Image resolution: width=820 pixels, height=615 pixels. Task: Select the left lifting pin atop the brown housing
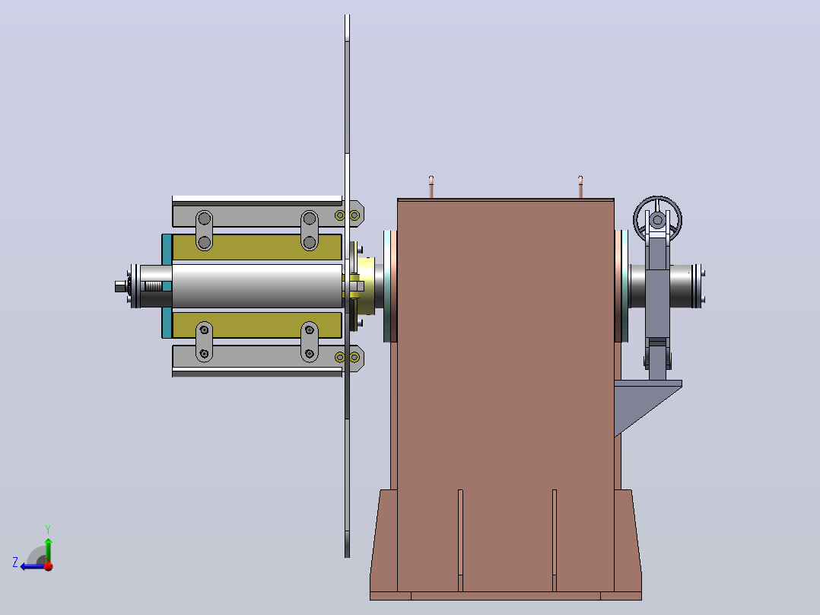(431, 186)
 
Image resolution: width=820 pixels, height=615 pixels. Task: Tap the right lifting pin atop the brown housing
(580, 186)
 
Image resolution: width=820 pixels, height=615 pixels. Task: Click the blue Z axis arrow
(33, 566)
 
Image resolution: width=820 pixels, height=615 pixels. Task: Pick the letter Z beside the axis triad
(15, 562)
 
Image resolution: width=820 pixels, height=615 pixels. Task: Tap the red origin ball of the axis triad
(49, 566)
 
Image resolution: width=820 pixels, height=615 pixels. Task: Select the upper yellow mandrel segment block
(257, 247)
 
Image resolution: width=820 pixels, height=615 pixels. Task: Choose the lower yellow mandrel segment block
(257, 325)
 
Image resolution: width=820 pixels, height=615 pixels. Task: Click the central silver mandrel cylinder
(257, 285)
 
